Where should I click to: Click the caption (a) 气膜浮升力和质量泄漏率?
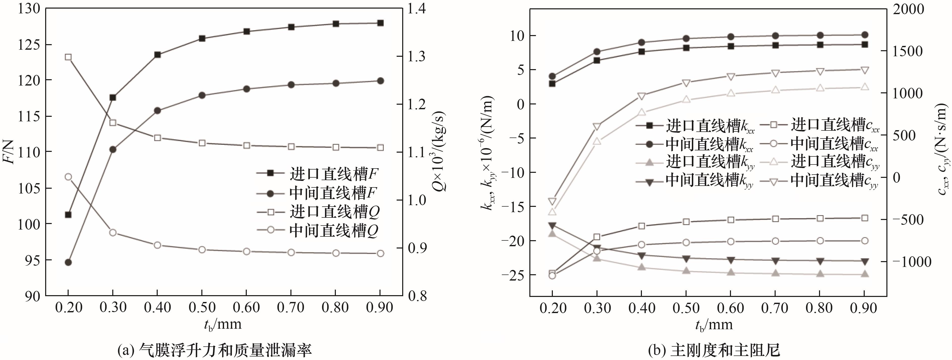214,350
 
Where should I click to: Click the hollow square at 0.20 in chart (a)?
68,57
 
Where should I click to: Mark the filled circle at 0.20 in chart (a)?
68,262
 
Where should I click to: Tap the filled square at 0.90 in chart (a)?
380,23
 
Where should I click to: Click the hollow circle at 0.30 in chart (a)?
113,233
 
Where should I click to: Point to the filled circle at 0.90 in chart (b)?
864,35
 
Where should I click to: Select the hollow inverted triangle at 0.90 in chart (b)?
864,70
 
